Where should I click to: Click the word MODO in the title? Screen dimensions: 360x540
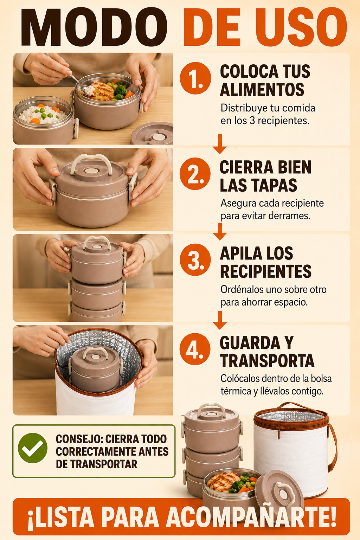click(x=94, y=27)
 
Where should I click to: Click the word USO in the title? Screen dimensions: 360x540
click(x=301, y=27)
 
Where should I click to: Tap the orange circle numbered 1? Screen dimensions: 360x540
click(x=195, y=78)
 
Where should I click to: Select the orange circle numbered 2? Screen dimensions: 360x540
click(x=195, y=174)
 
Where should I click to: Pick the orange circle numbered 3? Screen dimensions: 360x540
click(x=195, y=260)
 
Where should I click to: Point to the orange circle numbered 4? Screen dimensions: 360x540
click(x=195, y=349)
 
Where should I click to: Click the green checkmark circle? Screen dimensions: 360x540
click(x=33, y=448)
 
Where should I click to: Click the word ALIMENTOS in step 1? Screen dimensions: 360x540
click(x=262, y=90)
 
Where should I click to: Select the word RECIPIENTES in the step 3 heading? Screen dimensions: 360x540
click(x=266, y=271)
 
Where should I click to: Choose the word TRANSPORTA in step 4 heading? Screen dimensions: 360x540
click(x=267, y=361)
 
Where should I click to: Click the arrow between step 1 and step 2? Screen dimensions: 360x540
click(x=220, y=144)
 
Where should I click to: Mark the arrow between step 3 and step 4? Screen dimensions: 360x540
click(x=220, y=320)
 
